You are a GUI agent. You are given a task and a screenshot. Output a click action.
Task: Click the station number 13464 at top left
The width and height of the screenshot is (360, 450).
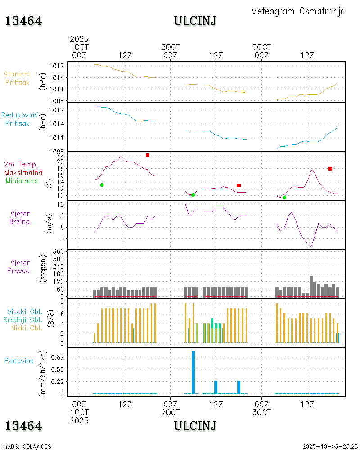click(x=23, y=21)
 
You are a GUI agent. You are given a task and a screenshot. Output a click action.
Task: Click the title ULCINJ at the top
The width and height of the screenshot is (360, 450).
click(x=195, y=21)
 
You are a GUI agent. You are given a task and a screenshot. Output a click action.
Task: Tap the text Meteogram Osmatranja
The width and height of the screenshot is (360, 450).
click(x=298, y=11)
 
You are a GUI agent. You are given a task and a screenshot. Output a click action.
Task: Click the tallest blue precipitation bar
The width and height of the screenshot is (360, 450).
click(x=193, y=372)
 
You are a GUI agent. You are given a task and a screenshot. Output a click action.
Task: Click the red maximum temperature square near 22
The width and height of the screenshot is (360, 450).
click(x=148, y=155)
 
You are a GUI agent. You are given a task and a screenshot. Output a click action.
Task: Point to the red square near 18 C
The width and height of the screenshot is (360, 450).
click(x=330, y=169)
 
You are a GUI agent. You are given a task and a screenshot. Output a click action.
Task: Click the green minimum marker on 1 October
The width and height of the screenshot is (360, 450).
click(x=102, y=185)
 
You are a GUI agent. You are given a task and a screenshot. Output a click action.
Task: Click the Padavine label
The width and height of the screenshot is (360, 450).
click(x=19, y=360)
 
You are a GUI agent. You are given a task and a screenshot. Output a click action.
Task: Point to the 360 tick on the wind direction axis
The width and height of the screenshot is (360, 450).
click(x=59, y=251)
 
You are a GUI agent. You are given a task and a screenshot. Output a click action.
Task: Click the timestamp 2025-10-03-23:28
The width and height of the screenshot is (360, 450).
click(x=330, y=446)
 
